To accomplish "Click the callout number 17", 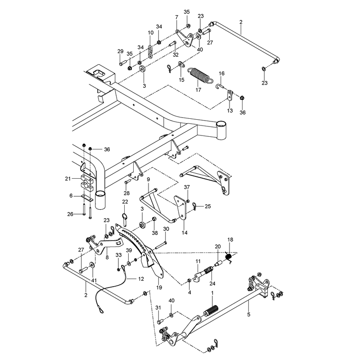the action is click(x=198, y=90).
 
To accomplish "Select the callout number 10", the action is click(x=151, y=32).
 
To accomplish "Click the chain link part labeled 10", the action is click(x=150, y=52).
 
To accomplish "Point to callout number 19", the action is click(x=159, y=288).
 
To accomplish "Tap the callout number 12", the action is click(x=141, y=279).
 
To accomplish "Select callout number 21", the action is click(x=68, y=178).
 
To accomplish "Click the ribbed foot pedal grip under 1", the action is click(x=211, y=310).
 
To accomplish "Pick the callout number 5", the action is click(x=249, y=315).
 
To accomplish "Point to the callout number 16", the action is click(x=221, y=73).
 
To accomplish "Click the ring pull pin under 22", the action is click(x=125, y=220).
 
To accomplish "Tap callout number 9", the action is click(x=148, y=179).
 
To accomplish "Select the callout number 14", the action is click(x=184, y=233).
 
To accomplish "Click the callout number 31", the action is click(x=158, y=308).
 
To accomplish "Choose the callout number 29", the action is click(x=121, y=51).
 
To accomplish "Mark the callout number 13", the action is click(x=230, y=110).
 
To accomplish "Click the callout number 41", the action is click(x=94, y=280).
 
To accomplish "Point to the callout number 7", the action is click(x=176, y=17).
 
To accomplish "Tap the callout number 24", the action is click(x=212, y=283).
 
